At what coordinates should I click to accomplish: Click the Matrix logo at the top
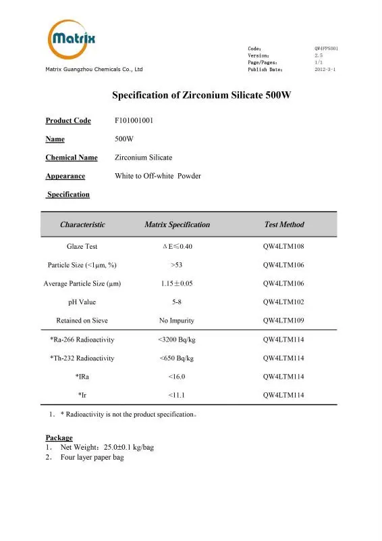pyautogui.click(x=71, y=40)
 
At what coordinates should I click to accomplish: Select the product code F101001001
pyautogui.click(x=135, y=121)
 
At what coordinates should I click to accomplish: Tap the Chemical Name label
pyautogui.click(x=72, y=158)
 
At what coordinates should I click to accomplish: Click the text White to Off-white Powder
pyautogui.click(x=158, y=176)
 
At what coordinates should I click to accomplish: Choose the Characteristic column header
pyautogui.click(x=82, y=225)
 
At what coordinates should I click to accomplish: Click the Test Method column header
pyautogui.click(x=284, y=225)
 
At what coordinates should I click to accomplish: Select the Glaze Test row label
pyautogui.click(x=82, y=247)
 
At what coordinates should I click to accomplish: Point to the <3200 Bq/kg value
pyautogui.click(x=177, y=339)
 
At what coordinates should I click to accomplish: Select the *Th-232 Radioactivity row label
pyautogui.click(x=82, y=358)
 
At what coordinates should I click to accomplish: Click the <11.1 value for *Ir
pyautogui.click(x=177, y=394)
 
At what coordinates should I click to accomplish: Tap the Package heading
pyautogui.click(x=59, y=438)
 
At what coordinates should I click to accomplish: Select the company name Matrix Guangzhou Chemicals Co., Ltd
pyautogui.click(x=94, y=70)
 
